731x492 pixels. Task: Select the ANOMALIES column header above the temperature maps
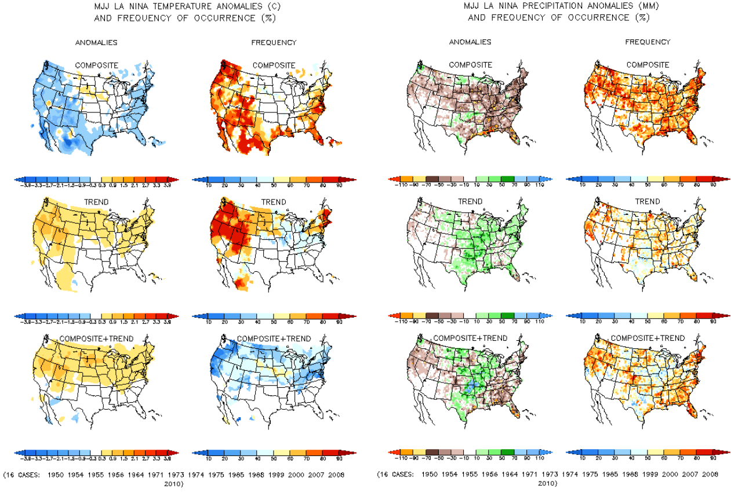(97, 42)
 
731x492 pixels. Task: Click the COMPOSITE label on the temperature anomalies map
(97, 65)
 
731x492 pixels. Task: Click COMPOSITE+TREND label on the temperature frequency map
(274, 338)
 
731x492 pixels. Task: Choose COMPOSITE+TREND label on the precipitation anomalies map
(470, 338)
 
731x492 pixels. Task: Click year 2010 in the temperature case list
(174, 482)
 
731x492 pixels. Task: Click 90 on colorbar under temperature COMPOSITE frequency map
(339, 184)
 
